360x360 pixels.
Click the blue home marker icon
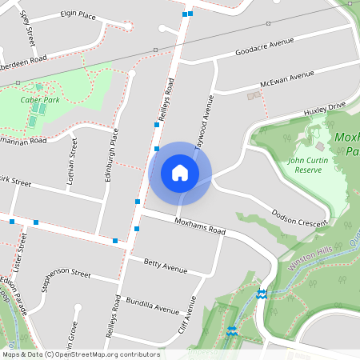click(180, 173)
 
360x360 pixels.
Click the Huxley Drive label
click(323, 109)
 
